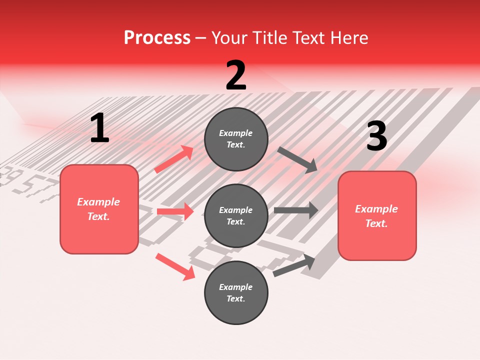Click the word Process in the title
tap(157, 37)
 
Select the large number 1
tap(99, 128)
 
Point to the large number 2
tap(236, 75)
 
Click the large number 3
tap(376, 136)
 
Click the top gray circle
tap(236, 138)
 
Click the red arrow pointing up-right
tap(174, 159)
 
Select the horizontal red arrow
tap(175, 211)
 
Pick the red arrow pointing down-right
tap(175, 266)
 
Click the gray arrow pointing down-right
tap(298, 159)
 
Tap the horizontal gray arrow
tap(296, 210)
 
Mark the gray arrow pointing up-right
tap(294, 265)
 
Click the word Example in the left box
tap(98, 202)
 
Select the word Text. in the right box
tap(376, 223)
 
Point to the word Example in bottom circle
tap(236, 287)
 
